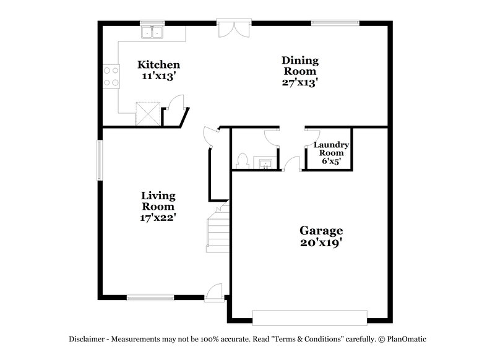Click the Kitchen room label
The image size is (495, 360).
158,64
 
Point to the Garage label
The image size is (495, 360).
322,231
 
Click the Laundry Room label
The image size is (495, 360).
332,148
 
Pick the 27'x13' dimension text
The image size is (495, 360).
300,82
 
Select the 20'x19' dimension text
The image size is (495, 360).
322,243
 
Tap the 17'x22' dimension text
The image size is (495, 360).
158,217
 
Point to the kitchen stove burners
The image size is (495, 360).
111,76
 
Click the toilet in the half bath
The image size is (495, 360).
243,161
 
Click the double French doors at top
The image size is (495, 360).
234,28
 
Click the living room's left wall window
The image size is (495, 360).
99,160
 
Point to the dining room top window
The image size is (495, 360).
335,24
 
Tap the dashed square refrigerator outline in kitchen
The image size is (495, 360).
148,113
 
